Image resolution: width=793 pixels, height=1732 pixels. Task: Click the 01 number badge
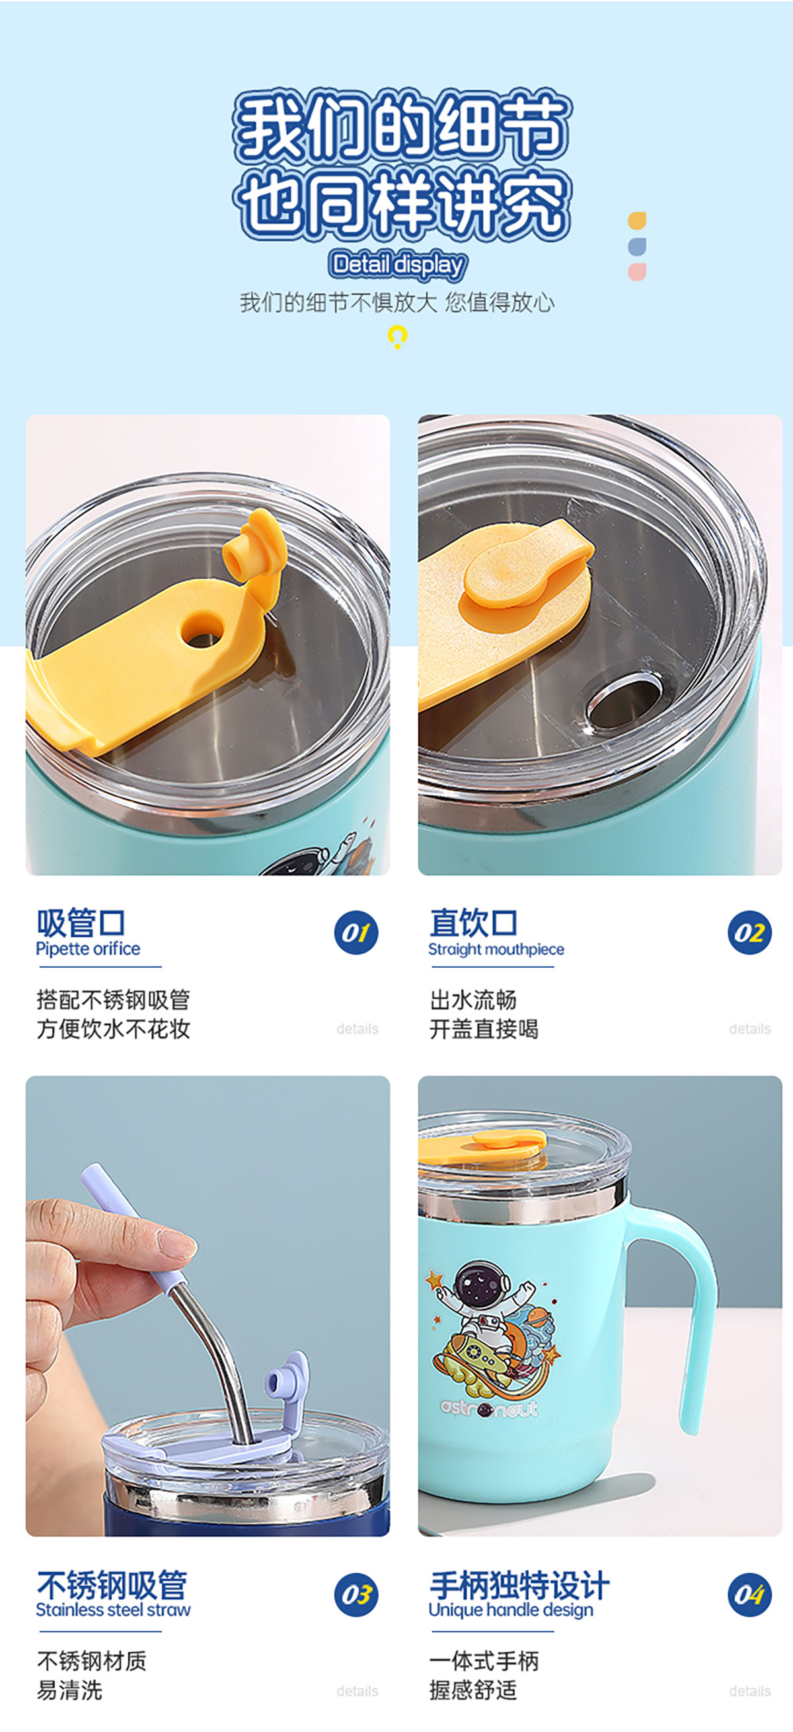pos(356,933)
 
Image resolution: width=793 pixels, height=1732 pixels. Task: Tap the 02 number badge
pos(749,933)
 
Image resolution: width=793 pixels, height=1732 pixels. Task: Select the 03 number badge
pos(356,1594)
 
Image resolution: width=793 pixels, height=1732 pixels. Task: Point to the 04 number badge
pos(749,1594)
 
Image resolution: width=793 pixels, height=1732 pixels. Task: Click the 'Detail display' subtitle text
pos(398,265)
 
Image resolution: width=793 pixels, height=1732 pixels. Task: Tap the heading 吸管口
pos(81,922)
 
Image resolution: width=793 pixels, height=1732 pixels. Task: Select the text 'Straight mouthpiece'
pos(496,949)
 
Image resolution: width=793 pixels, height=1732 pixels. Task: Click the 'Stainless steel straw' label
pos(113,1610)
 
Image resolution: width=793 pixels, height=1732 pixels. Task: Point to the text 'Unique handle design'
pos(511,1610)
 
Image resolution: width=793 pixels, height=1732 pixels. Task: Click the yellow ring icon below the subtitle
pos(398,335)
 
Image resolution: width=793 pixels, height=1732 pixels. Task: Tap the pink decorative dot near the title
pos(637,271)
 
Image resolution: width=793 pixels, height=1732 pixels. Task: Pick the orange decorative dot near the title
pos(637,221)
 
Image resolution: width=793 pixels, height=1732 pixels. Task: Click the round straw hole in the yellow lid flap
pos(201,630)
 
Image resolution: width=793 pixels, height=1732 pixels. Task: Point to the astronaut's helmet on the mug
pos(480,1283)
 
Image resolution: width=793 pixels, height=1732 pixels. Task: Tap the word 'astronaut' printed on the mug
pos(489,1407)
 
